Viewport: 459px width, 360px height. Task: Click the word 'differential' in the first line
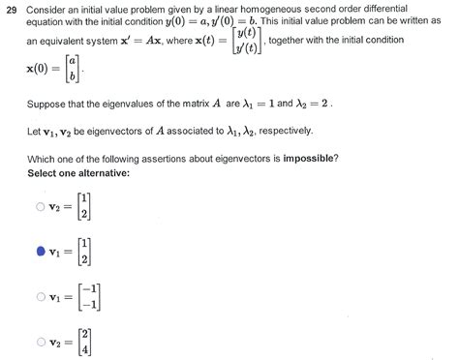coord(417,10)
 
